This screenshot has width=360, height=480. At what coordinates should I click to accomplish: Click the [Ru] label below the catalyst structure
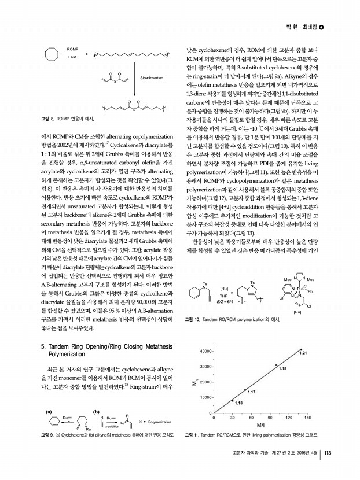297,312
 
